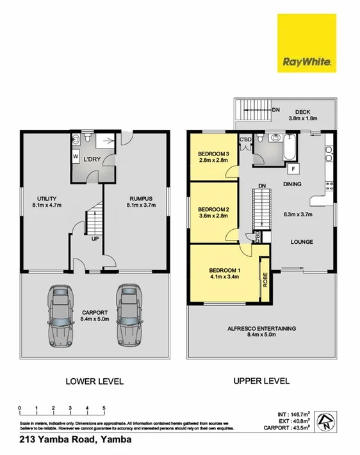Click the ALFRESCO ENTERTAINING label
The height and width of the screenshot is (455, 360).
point(261,328)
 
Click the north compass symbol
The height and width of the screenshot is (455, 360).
point(327,420)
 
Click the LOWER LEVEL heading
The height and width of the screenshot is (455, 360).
point(94,381)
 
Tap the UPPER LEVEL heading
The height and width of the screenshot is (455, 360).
point(261,381)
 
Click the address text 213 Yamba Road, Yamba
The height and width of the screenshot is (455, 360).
point(76,440)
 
